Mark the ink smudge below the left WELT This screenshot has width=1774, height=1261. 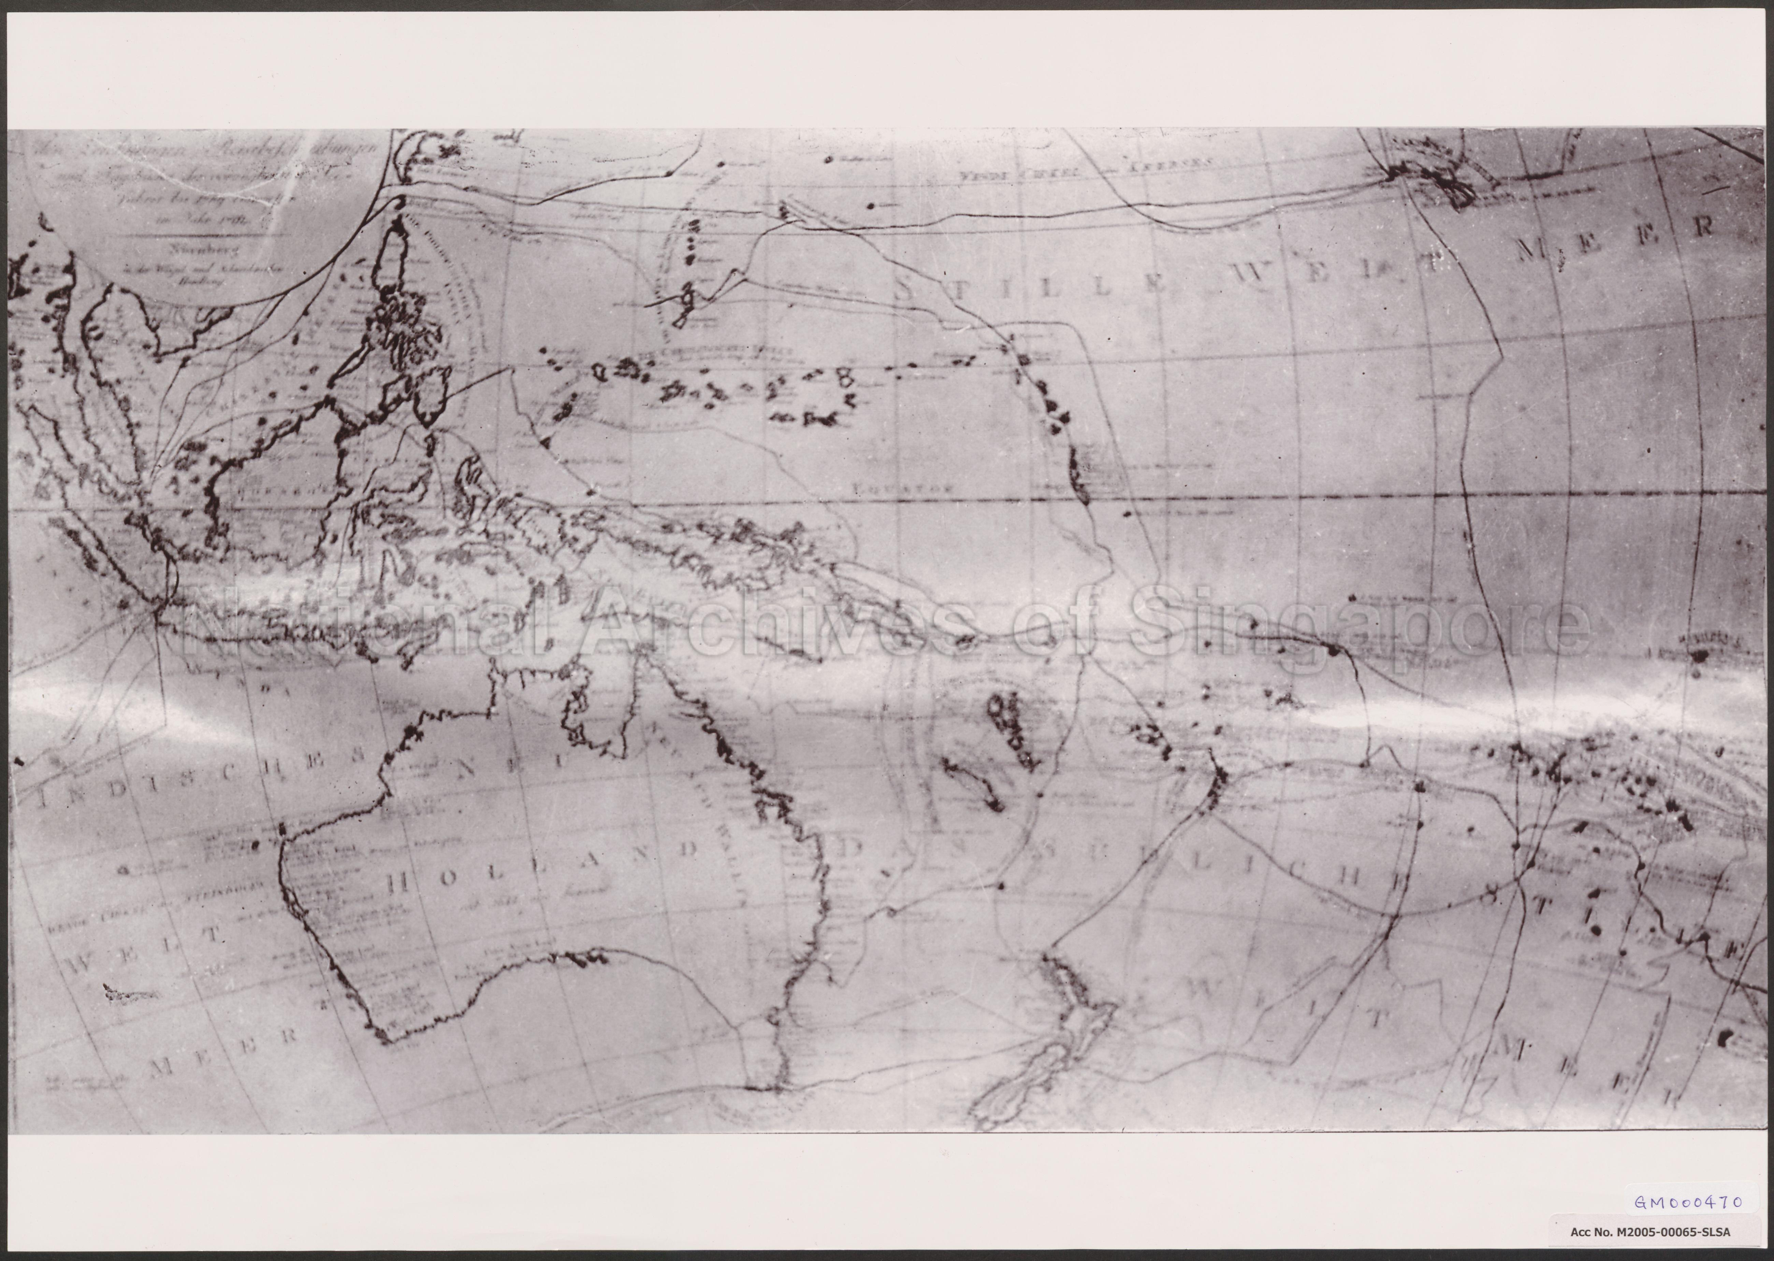click(x=130, y=992)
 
